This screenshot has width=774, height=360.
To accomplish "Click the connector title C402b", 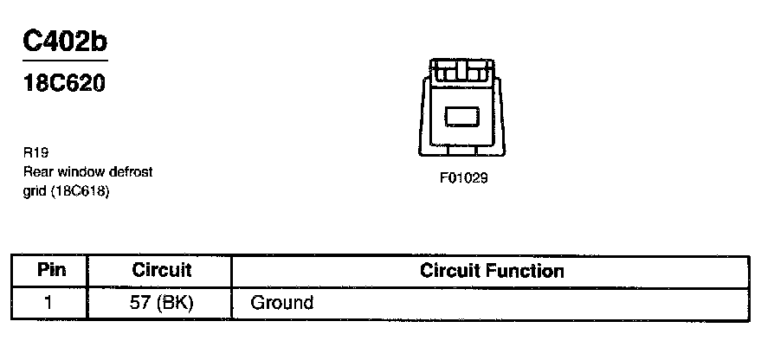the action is [65, 42].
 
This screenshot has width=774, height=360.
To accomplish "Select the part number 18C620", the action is [65, 85].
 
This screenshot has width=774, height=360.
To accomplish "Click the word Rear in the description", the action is [36, 171].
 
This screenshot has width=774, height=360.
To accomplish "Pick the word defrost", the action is [130, 171].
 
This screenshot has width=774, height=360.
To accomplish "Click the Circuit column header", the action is [161, 270].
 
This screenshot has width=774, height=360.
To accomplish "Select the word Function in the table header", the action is [524, 271].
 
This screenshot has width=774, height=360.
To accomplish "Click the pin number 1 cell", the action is [49, 303].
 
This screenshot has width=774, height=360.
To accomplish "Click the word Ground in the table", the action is [281, 303].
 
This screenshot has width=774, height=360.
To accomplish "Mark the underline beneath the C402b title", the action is [65, 61].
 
